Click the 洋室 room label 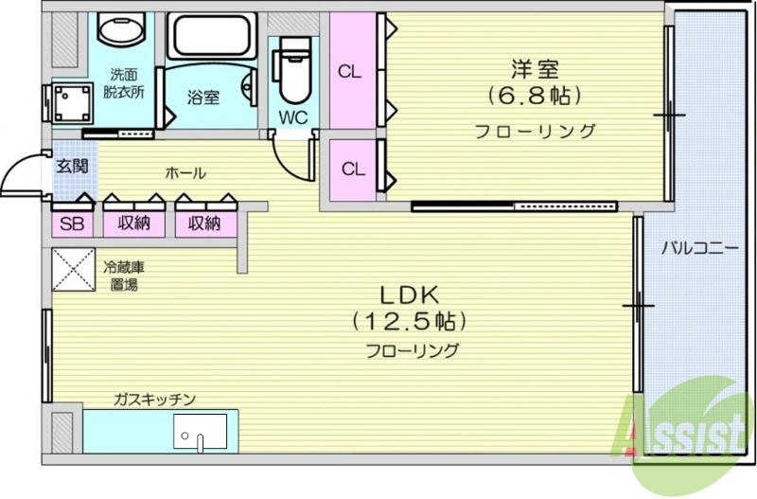(x=535, y=69)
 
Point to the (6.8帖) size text (x=535, y=97)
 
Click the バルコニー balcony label (x=698, y=249)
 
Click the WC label (x=291, y=118)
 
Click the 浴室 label (x=202, y=97)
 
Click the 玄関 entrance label (x=71, y=168)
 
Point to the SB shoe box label (x=70, y=223)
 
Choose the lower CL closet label (x=352, y=169)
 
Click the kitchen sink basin (x=200, y=434)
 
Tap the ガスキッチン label (x=154, y=399)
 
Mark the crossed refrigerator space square (x=73, y=269)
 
